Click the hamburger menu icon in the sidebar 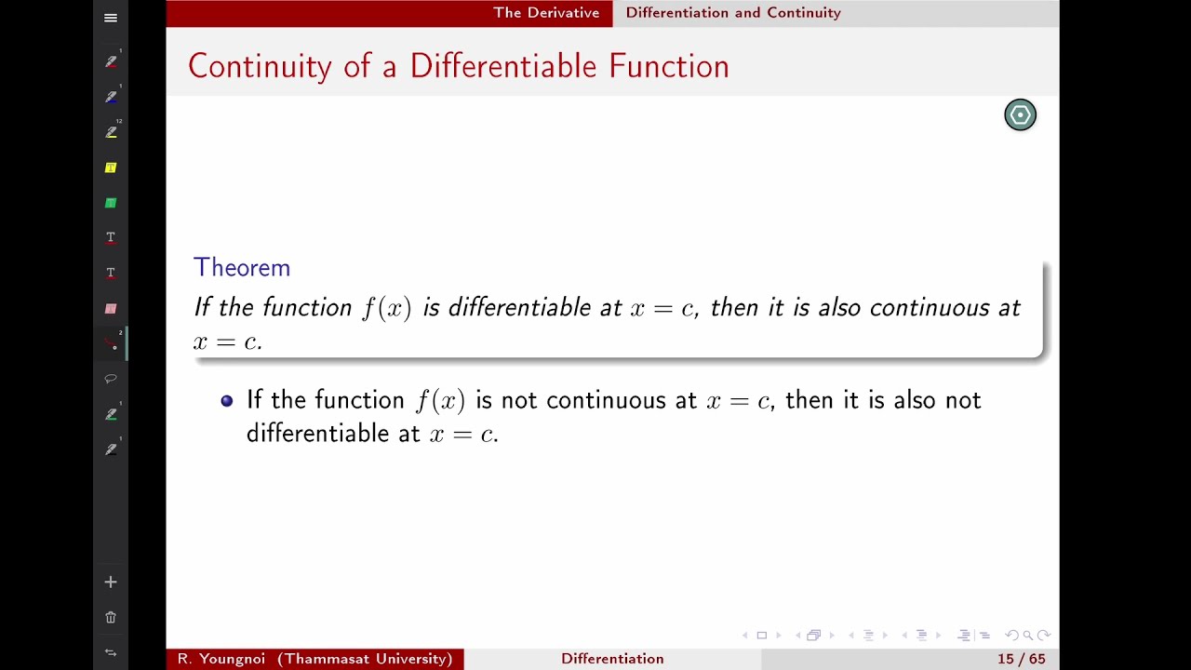click(111, 18)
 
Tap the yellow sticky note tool click(111, 167)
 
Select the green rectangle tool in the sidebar click(111, 203)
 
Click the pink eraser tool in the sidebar click(111, 308)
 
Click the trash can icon click(111, 617)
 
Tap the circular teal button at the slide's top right click(1020, 114)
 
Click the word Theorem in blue click(242, 268)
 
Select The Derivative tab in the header click(546, 13)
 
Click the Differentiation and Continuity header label click(733, 13)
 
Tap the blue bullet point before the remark click(227, 401)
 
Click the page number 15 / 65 click(1021, 659)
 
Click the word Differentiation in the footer click(612, 659)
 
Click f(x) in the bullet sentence click(440, 401)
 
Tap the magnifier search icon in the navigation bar click(1027, 636)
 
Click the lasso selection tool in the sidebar click(111, 379)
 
